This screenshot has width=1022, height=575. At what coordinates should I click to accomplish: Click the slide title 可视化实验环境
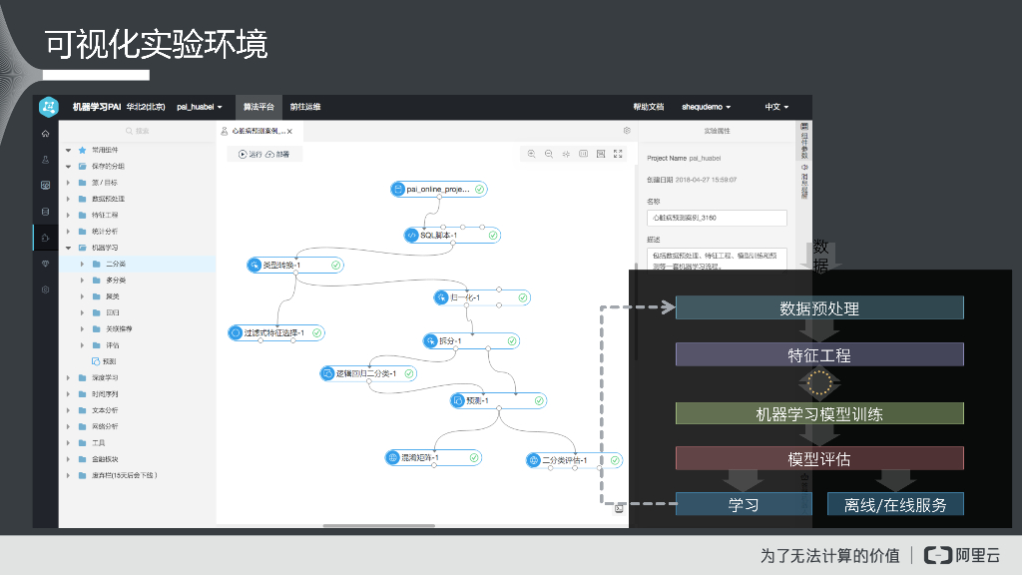[x=157, y=44]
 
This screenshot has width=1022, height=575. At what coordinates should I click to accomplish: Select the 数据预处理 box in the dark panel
[x=819, y=308]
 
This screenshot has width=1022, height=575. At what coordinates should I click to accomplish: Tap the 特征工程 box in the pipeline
[x=819, y=355]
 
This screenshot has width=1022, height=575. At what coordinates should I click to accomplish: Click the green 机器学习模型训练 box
[x=819, y=414]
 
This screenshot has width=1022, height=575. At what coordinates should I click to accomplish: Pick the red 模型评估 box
[x=819, y=459]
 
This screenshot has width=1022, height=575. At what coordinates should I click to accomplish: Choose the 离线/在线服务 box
[x=895, y=504]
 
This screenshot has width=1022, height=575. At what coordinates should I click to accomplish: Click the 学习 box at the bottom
[x=744, y=504]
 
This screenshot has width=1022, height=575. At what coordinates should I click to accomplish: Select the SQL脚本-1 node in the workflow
[x=452, y=236]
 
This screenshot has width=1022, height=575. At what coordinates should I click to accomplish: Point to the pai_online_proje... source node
[x=439, y=189]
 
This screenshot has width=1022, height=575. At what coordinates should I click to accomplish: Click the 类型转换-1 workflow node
[x=295, y=265]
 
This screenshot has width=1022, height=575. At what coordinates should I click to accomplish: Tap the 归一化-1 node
[x=482, y=297]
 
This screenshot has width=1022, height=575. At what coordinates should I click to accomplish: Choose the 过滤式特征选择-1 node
[x=276, y=332]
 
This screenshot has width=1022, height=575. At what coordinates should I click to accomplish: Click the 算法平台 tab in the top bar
[x=258, y=106]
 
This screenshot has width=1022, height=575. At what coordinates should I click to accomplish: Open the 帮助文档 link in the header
[x=648, y=106]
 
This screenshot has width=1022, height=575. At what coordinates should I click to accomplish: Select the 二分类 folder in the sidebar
[x=116, y=265]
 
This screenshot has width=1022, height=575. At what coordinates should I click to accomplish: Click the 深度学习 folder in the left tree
[x=105, y=378]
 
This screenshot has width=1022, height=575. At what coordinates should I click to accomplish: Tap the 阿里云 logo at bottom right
[x=962, y=555]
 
